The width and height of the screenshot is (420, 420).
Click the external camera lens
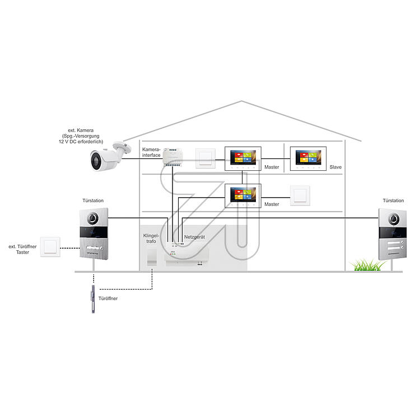pyautogui.click(x=95, y=161)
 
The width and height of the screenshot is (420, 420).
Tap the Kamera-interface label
pyautogui.click(x=152, y=153)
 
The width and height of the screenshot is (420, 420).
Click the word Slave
pyautogui.click(x=336, y=167)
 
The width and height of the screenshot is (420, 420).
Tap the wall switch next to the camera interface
pyautogui.click(x=204, y=159)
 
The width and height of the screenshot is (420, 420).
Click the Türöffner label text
pyautogui.click(x=108, y=298)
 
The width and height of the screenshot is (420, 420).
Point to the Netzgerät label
pyautogui.click(x=194, y=237)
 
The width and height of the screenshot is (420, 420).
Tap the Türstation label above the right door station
pyautogui.click(x=393, y=200)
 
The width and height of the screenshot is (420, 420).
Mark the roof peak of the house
pyautogui.click(x=241, y=101)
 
